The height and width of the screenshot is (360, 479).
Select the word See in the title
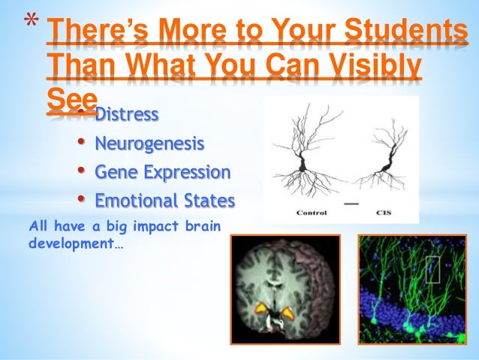tap(71, 100)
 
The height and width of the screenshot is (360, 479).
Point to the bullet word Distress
tap(126, 115)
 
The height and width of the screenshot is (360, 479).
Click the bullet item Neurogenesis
tap(149, 143)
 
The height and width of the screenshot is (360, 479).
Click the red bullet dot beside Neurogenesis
tap(81, 142)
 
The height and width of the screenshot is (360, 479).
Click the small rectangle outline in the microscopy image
tap(432, 268)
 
